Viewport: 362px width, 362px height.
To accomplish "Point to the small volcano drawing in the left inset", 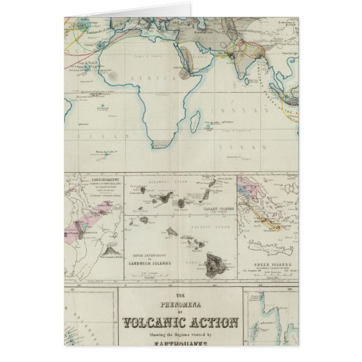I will (x=108, y=253).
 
